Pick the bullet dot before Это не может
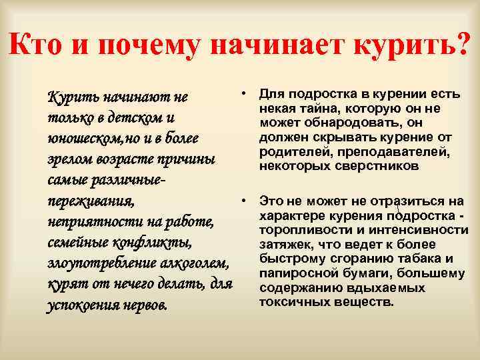point(246,199)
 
